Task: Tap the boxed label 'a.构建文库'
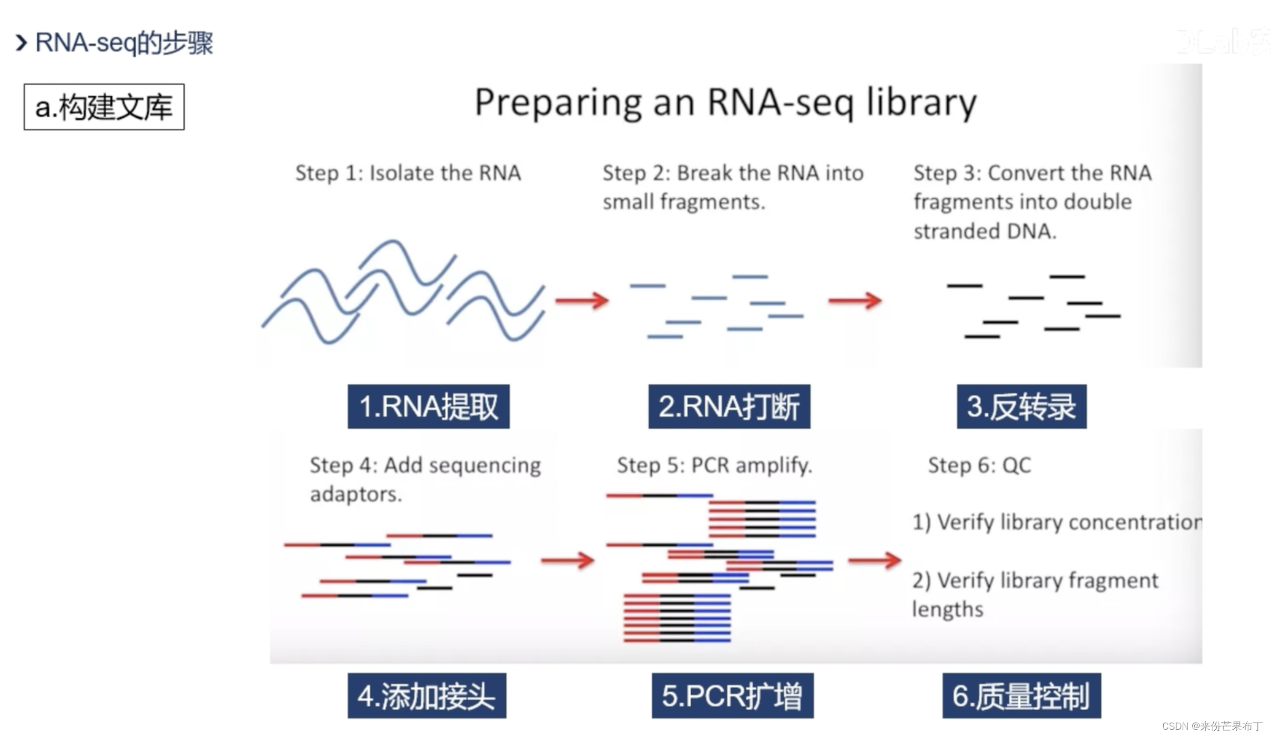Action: click(x=104, y=107)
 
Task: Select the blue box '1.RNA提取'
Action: click(x=428, y=406)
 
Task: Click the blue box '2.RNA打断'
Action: click(x=729, y=406)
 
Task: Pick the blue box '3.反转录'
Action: click(x=1021, y=406)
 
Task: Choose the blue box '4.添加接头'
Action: click(x=426, y=696)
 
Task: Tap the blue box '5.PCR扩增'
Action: click(x=732, y=696)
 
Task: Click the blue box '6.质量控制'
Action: click(x=1021, y=696)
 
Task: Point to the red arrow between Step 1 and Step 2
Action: click(x=582, y=301)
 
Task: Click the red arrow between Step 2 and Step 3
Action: click(x=855, y=301)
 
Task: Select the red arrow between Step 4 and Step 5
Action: click(x=567, y=560)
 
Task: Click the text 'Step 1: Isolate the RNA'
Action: click(x=408, y=173)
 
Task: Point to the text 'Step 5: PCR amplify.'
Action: click(x=714, y=465)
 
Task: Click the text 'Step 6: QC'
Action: click(x=979, y=465)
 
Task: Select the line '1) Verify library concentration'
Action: click(x=1057, y=522)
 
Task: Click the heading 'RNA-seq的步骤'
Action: click(x=124, y=43)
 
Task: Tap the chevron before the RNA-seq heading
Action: click(x=21, y=43)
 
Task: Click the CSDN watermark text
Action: click(x=1212, y=726)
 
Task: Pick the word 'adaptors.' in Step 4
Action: click(x=356, y=494)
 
